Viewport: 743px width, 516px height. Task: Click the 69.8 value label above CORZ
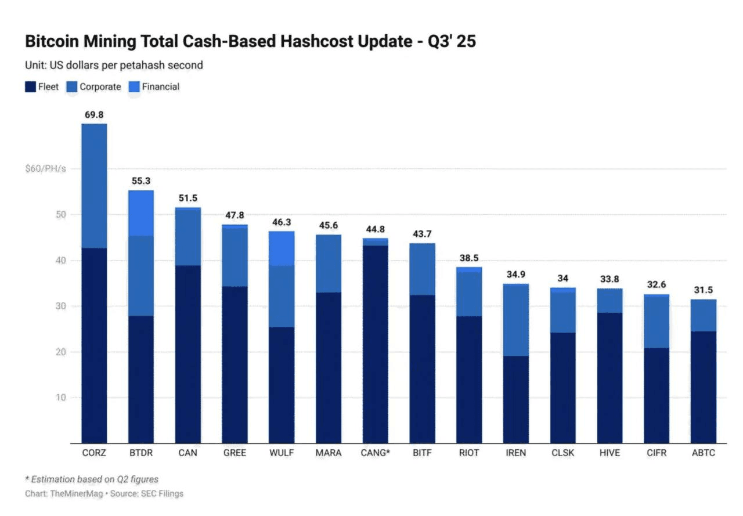pyautogui.click(x=93, y=115)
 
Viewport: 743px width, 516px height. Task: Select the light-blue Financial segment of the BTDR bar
pyautogui.click(x=140, y=212)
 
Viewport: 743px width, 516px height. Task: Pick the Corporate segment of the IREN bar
pyautogui.click(x=516, y=320)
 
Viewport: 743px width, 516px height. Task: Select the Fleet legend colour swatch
pyautogui.click(x=30, y=87)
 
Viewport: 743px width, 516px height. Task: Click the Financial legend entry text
pyautogui.click(x=161, y=87)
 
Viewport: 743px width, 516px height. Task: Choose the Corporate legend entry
pyautogui.click(x=100, y=87)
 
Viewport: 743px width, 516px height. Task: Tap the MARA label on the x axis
pyautogui.click(x=329, y=453)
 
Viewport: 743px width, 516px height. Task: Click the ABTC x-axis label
pyautogui.click(x=704, y=453)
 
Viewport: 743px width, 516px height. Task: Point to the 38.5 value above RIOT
pyautogui.click(x=469, y=258)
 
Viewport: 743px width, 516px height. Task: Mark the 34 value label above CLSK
pyautogui.click(x=563, y=279)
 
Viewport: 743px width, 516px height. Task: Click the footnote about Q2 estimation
pyautogui.click(x=92, y=479)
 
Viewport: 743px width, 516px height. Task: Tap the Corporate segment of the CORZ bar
pyautogui.click(x=93, y=186)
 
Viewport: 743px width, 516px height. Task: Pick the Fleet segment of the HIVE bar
pyautogui.click(x=610, y=378)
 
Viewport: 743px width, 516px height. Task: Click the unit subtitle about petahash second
pyautogui.click(x=114, y=65)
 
